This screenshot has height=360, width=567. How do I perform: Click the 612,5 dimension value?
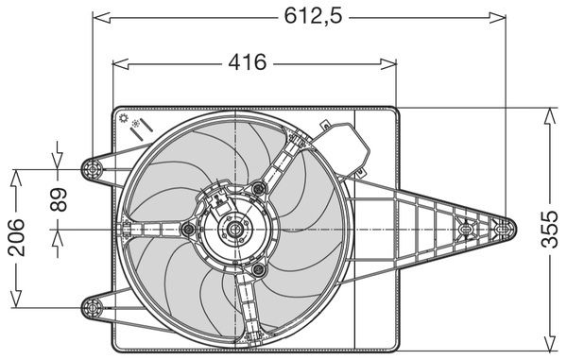(x=313, y=16)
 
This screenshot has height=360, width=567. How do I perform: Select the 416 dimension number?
(x=248, y=62)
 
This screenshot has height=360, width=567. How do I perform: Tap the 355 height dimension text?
(x=550, y=230)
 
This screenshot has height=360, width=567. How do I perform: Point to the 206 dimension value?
(x=16, y=237)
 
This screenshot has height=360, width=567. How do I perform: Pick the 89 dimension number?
(x=59, y=199)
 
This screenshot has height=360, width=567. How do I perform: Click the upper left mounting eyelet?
(x=93, y=169)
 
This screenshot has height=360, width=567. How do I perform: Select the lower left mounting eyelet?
(x=93, y=308)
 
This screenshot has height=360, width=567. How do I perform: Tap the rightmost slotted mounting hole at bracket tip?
(x=503, y=229)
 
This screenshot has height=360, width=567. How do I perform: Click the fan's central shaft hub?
(x=235, y=229)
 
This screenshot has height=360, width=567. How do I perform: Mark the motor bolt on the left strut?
(x=188, y=229)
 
